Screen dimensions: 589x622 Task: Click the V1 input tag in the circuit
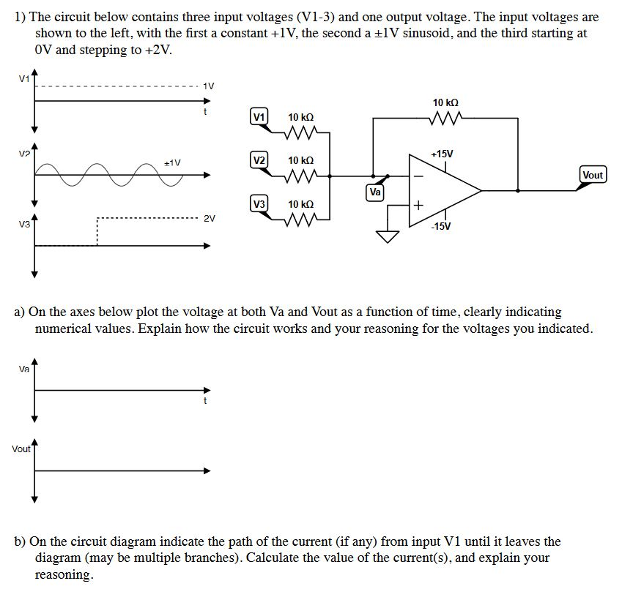pyautogui.click(x=259, y=116)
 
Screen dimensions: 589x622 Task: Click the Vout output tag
pyautogui.click(x=593, y=175)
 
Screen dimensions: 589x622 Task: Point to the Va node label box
pyautogui.click(x=375, y=192)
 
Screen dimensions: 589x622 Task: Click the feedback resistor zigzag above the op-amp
pyautogui.click(x=446, y=118)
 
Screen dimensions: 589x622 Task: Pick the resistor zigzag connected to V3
pyautogui.click(x=300, y=219)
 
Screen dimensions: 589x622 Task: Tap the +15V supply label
pyautogui.click(x=442, y=154)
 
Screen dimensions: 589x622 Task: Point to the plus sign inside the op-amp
pyautogui.click(x=418, y=206)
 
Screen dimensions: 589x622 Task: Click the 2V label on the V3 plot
pyautogui.click(x=210, y=218)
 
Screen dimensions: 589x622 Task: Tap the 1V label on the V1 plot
pyautogui.click(x=208, y=86)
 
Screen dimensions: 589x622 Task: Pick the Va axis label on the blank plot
pyautogui.click(x=24, y=369)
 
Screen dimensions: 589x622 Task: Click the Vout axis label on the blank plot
pyautogui.click(x=21, y=449)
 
